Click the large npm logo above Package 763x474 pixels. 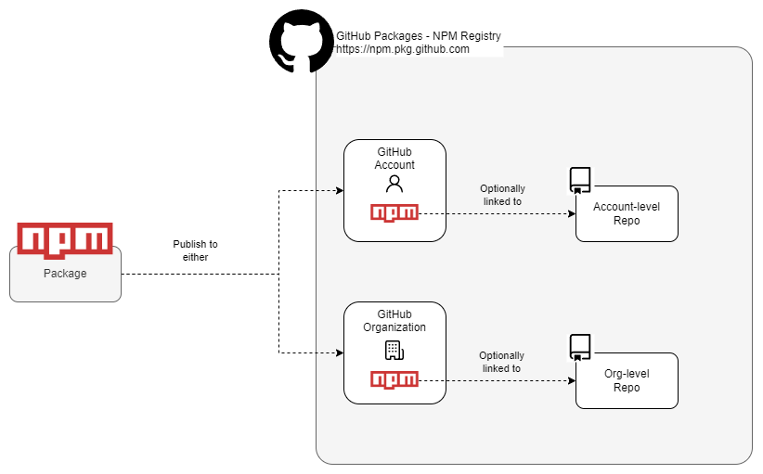point(65,238)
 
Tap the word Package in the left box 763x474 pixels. point(65,274)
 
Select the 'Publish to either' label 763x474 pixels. point(195,250)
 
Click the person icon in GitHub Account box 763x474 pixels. point(394,183)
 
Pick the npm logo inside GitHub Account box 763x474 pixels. point(394,212)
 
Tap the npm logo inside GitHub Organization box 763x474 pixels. point(394,379)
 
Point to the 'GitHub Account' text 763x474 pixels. point(394,159)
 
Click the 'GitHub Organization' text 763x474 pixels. point(394,321)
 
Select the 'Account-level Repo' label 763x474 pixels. point(627,213)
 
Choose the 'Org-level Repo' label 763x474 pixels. point(627,380)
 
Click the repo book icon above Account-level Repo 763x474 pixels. point(580,179)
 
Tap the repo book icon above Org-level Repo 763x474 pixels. point(580,346)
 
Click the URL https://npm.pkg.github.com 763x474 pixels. point(403,50)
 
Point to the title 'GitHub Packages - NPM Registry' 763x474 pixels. point(418,36)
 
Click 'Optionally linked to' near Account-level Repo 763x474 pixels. point(501,195)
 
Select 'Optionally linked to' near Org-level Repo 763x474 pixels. point(501,362)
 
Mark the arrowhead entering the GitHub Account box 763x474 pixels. point(339,190)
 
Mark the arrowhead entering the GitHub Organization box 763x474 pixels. point(339,352)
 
